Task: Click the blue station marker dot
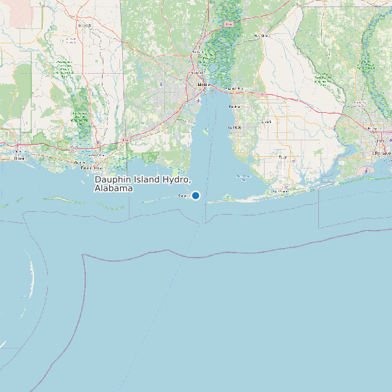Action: (x=195, y=195)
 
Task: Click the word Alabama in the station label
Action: (x=114, y=188)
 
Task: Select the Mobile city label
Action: (x=202, y=85)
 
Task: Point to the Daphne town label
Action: (x=234, y=106)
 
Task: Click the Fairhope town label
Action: (x=234, y=127)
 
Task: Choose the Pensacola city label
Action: (x=381, y=153)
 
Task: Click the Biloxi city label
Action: (x=18, y=157)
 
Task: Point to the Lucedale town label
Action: (x=85, y=25)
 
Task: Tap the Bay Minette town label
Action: (x=262, y=35)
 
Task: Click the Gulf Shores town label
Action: (x=279, y=191)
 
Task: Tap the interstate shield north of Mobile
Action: (x=229, y=24)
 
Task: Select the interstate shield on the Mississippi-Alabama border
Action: (x=126, y=137)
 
